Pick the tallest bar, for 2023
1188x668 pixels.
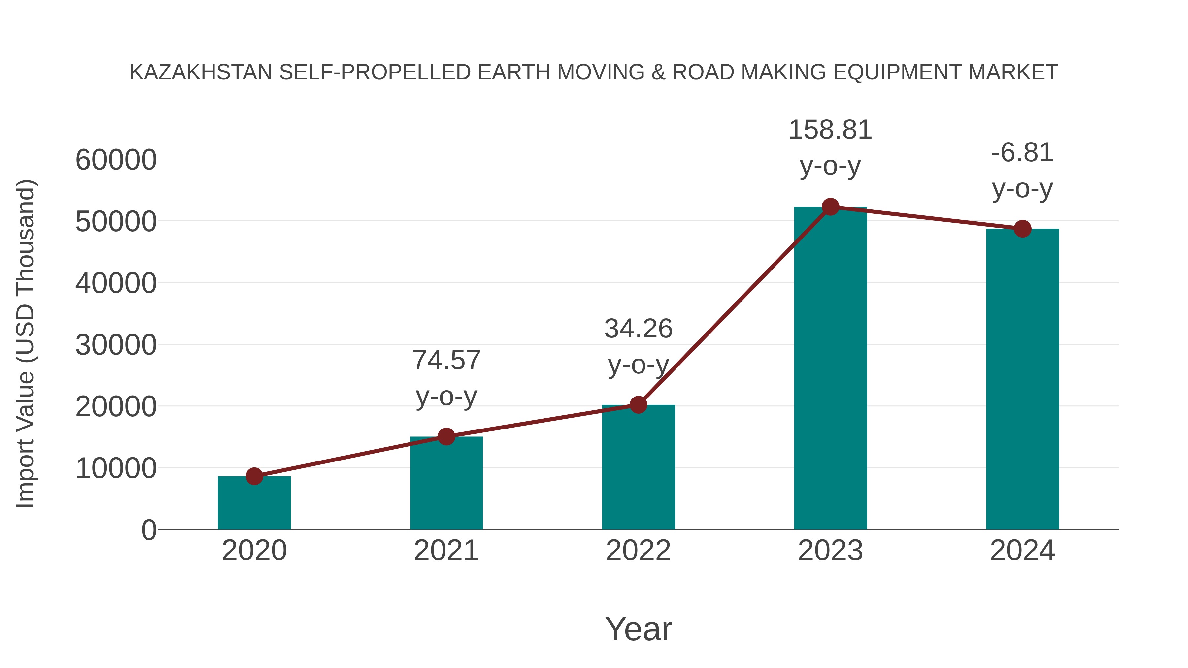tap(830, 369)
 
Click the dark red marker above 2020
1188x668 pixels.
tap(254, 476)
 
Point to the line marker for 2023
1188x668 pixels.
tap(830, 207)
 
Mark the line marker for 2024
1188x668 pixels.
tap(1022, 229)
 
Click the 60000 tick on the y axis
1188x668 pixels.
tap(116, 160)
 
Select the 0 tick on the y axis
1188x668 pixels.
tap(148, 530)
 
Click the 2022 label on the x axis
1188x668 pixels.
tap(638, 551)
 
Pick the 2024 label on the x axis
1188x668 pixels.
tap(1022, 551)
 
